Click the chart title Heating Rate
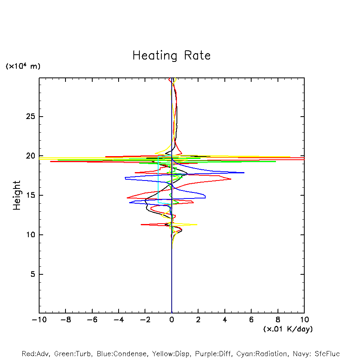click(171, 56)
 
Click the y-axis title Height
click(17, 195)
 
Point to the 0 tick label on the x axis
click(172, 320)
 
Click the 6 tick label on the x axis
click(251, 320)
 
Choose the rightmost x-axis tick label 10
click(304, 320)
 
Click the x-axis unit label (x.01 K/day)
click(288, 329)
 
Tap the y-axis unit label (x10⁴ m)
click(23, 66)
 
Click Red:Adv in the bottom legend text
click(36, 354)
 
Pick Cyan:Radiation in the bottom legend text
click(262, 354)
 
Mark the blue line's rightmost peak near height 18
click(244, 173)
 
